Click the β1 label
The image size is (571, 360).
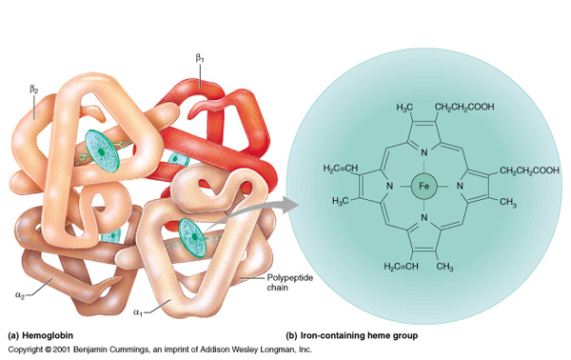coord(200,59)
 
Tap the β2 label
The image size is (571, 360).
coord(34,90)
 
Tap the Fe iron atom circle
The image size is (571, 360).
coord(424,189)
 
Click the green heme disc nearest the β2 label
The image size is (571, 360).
coord(99,143)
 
